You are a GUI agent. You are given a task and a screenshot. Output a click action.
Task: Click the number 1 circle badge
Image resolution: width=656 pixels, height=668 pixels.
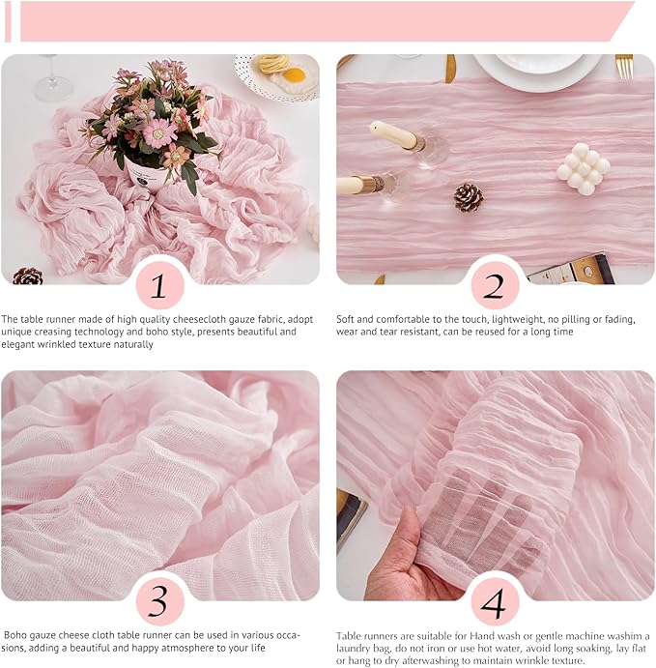[160, 285]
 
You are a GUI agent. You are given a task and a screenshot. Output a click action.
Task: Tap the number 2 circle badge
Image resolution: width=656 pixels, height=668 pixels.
[495, 285]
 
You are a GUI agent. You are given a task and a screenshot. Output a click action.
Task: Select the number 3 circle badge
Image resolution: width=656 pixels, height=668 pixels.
[160, 601]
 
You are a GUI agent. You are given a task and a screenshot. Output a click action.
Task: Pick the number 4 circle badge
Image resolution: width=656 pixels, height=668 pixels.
[495, 601]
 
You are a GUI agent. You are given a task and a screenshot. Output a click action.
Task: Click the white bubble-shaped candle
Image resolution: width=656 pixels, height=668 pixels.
[584, 169]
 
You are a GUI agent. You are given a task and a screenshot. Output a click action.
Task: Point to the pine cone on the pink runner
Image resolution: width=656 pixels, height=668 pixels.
[469, 197]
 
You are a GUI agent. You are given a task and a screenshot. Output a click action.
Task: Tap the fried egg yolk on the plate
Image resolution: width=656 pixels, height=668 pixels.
[294, 75]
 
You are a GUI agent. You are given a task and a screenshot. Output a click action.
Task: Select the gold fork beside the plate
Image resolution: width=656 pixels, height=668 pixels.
[624, 67]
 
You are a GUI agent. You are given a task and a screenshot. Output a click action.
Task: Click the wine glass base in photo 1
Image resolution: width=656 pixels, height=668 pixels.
[52, 90]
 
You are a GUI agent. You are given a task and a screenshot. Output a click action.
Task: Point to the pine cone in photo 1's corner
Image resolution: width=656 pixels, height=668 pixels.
[27, 276]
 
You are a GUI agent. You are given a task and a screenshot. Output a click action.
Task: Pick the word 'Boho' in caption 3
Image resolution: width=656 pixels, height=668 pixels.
[14, 635]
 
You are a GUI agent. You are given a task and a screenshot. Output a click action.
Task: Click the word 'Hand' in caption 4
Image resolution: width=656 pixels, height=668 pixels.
[481, 636]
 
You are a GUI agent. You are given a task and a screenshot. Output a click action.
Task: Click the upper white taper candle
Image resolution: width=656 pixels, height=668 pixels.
[395, 135]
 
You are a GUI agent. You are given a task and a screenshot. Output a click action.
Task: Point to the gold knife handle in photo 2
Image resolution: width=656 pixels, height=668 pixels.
[450, 69]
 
